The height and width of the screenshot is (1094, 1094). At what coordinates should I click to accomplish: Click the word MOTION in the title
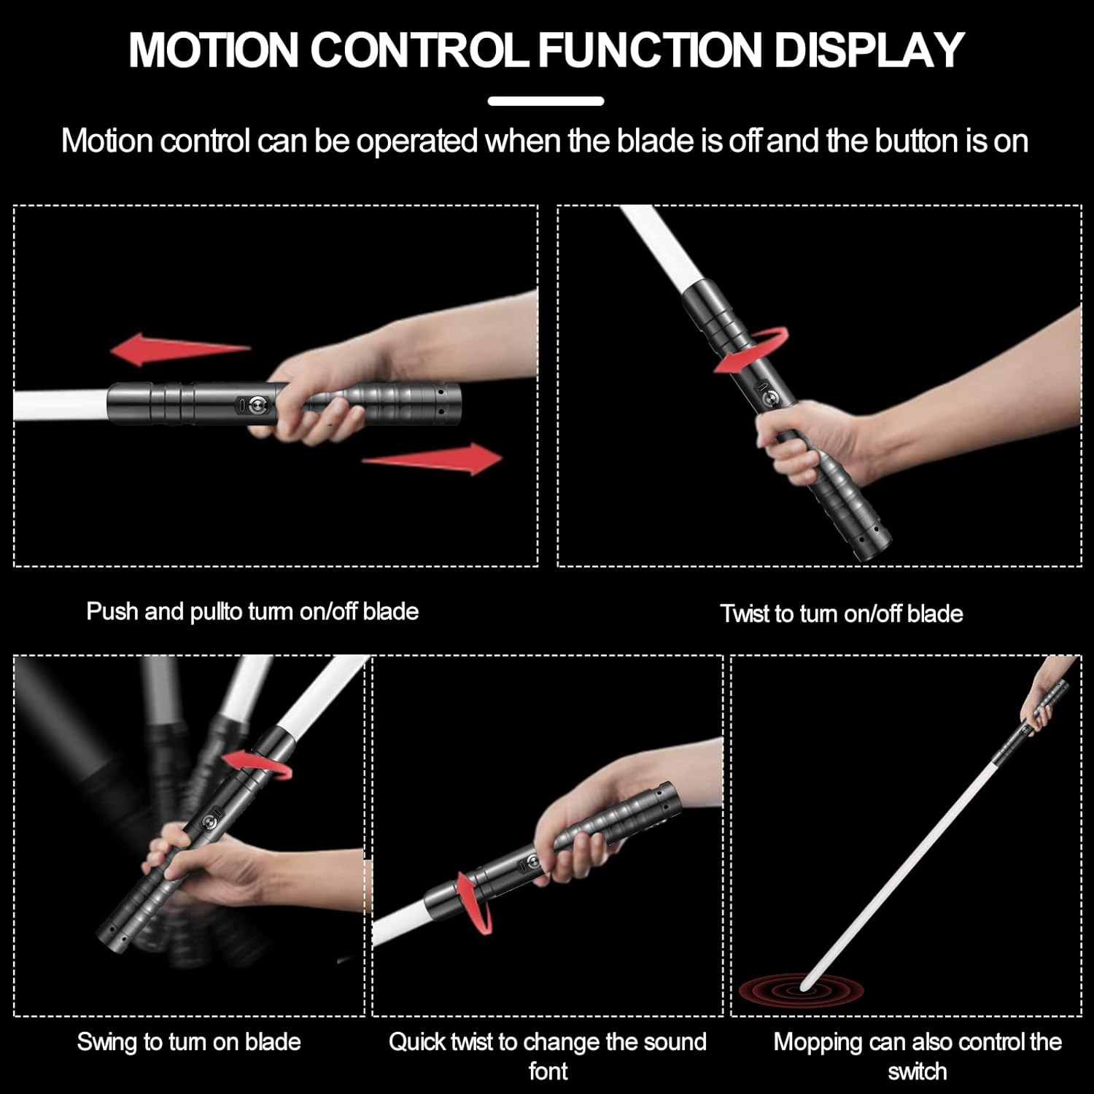[214, 50]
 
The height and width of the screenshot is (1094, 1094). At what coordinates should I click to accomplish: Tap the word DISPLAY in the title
[869, 50]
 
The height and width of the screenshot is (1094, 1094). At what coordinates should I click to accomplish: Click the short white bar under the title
[546, 101]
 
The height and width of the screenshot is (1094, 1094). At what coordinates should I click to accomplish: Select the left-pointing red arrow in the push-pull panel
[180, 349]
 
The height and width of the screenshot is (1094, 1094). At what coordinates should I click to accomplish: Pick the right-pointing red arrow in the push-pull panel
[432, 459]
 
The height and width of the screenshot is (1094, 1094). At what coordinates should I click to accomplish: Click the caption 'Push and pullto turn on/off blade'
[252, 611]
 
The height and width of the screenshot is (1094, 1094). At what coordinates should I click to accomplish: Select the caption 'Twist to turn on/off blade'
[842, 613]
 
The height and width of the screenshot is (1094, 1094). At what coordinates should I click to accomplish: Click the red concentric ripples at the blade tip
[801, 990]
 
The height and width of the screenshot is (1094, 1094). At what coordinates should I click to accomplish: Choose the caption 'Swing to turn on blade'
[189, 1041]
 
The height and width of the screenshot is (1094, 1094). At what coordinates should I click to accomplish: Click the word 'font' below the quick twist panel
[548, 1071]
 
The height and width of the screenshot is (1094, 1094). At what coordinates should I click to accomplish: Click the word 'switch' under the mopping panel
[918, 1071]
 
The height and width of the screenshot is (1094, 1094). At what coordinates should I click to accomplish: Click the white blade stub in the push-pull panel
[61, 406]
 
